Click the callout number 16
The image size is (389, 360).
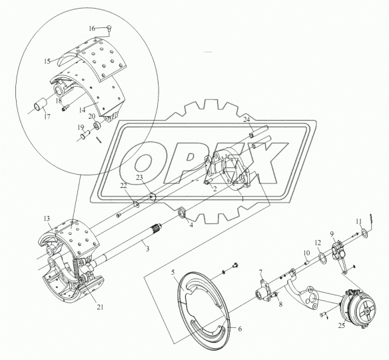tap(92, 29)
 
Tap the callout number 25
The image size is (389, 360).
tap(342, 325)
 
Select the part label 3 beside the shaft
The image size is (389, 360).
tap(148, 249)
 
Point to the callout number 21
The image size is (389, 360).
tap(100, 307)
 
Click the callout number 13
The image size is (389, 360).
tap(47, 219)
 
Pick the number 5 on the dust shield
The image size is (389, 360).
tap(173, 273)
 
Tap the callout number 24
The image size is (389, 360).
tap(246, 120)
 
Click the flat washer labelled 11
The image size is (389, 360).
tap(364, 233)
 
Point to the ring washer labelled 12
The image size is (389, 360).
tap(322, 257)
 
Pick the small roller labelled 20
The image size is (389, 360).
tap(97, 125)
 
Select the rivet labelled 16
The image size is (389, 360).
tap(109, 27)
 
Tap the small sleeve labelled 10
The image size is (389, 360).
tap(306, 262)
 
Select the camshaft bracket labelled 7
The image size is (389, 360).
tap(264, 291)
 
